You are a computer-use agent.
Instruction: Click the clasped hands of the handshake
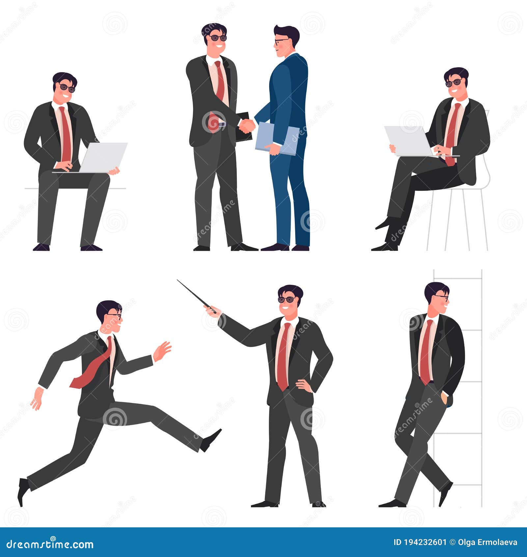click(247, 126)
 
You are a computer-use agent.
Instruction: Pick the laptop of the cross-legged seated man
click(409, 141)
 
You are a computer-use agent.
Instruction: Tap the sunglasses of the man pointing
click(287, 300)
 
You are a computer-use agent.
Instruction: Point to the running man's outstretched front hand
click(162, 351)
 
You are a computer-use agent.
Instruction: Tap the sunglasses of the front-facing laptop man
click(67, 88)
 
